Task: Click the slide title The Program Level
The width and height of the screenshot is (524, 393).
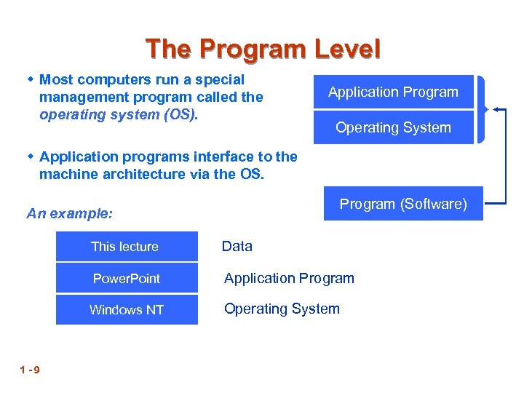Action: [263, 49]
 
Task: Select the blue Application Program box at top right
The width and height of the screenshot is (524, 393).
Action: [393, 92]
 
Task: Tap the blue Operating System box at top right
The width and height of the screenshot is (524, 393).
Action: [393, 128]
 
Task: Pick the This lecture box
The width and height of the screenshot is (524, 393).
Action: [127, 247]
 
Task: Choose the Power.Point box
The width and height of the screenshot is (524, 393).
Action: [127, 279]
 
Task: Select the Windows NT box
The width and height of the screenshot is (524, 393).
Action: [127, 310]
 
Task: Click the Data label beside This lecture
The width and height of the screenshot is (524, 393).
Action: [237, 247]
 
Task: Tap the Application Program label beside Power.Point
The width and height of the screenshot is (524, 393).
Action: [289, 278]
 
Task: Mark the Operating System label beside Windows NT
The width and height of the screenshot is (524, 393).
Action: [282, 309]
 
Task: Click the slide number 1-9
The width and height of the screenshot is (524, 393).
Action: [31, 370]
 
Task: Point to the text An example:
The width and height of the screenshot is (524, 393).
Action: [70, 214]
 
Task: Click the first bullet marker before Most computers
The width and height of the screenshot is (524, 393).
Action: [31, 79]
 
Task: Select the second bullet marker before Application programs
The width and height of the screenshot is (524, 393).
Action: [31, 156]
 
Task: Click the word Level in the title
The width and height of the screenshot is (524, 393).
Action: [347, 49]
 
